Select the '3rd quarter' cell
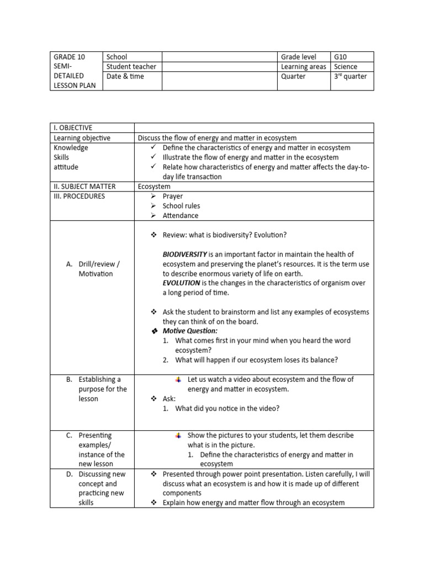[350, 77]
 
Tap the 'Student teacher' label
[131, 67]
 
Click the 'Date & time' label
[125, 77]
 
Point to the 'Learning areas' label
[303, 67]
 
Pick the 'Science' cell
[346, 67]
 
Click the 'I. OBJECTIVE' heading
[73, 128]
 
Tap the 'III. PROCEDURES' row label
[79, 196]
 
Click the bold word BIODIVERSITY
[184, 254]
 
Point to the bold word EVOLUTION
[181, 283]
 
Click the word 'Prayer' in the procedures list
[172, 196]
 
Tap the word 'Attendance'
[180, 216]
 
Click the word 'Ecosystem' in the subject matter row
[154, 186]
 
